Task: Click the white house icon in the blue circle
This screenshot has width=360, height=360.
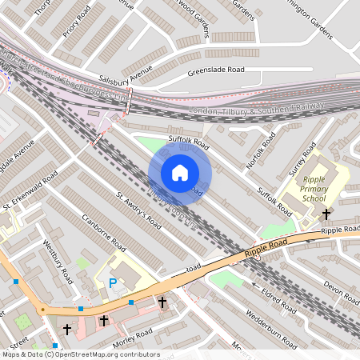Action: click(x=180, y=173)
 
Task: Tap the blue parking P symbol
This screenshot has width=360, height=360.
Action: click(x=113, y=282)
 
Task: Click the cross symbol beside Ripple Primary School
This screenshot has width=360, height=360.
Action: click(x=326, y=214)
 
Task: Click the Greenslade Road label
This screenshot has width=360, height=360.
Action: click(x=216, y=70)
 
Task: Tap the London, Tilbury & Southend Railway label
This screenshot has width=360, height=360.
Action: click(x=256, y=107)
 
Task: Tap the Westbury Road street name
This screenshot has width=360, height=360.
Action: click(x=58, y=262)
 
